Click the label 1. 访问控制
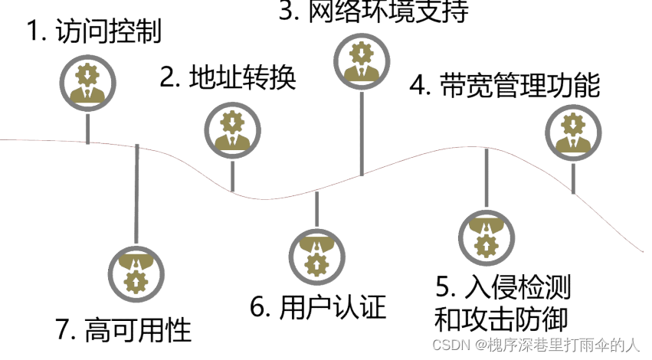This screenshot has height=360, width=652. coord(93,32)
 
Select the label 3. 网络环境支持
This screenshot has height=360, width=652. coord(372,11)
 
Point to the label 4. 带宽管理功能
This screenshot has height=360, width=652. coord(504,85)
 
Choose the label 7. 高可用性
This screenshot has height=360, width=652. coord(123,329)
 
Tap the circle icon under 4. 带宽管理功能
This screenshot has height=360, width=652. coord(573,130)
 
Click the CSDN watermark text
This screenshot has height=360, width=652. coord(536,345)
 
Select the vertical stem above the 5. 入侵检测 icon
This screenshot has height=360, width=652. coord(485,176)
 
